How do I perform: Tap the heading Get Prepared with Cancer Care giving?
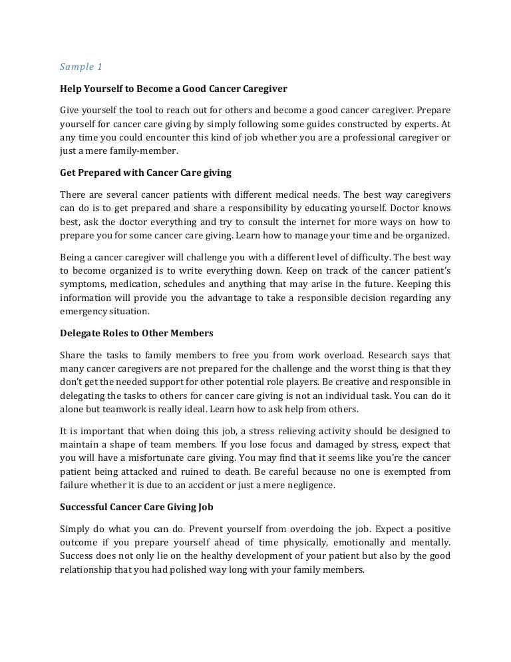pyautogui.click(x=146, y=172)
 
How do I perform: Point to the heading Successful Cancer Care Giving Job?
pyautogui.click(x=136, y=506)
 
